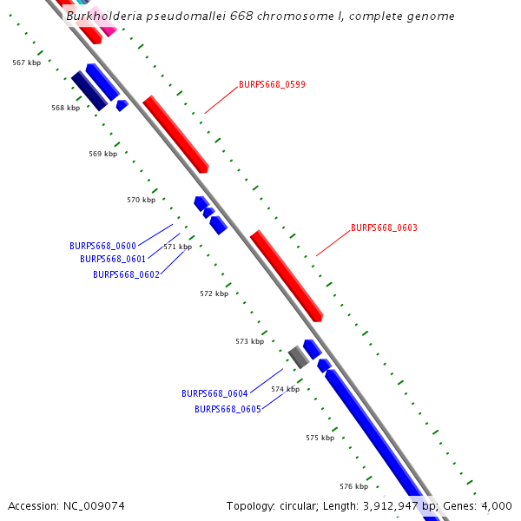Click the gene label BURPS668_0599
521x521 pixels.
tap(272, 85)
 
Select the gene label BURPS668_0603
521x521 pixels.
tap(384, 228)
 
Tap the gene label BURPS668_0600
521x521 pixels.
tap(102, 246)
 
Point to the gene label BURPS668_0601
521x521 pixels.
tap(113, 259)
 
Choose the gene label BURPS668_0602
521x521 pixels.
tap(126, 274)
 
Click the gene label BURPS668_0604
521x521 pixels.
tap(214, 393)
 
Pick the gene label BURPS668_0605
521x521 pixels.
tap(228, 409)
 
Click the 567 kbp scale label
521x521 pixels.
tap(27, 63)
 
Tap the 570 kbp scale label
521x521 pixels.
tap(141, 200)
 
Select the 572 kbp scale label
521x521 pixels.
tap(214, 293)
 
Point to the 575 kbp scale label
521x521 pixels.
tap(320, 438)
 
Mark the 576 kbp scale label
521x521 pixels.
tap(353, 486)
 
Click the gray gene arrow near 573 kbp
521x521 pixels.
tap(299, 356)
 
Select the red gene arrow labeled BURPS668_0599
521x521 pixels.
tap(175, 134)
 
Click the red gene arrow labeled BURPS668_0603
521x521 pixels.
tap(287, 276)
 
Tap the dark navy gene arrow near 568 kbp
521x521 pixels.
tap(89, 91)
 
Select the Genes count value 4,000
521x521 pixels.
tap(497, 505)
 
